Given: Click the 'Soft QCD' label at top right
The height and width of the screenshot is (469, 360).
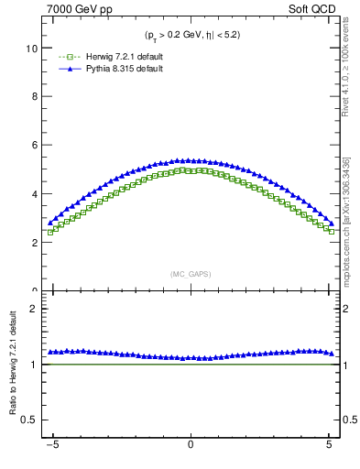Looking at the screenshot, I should pyautogui.click(x=316, y=8).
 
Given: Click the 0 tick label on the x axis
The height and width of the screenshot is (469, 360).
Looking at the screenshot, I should pyautogui.click(x=190, y=447).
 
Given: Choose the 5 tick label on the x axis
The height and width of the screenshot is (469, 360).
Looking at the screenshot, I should pyautogui.click(x=329, y=447).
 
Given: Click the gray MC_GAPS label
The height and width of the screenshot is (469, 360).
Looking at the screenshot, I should pyautogui.click(x=190, y=274).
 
